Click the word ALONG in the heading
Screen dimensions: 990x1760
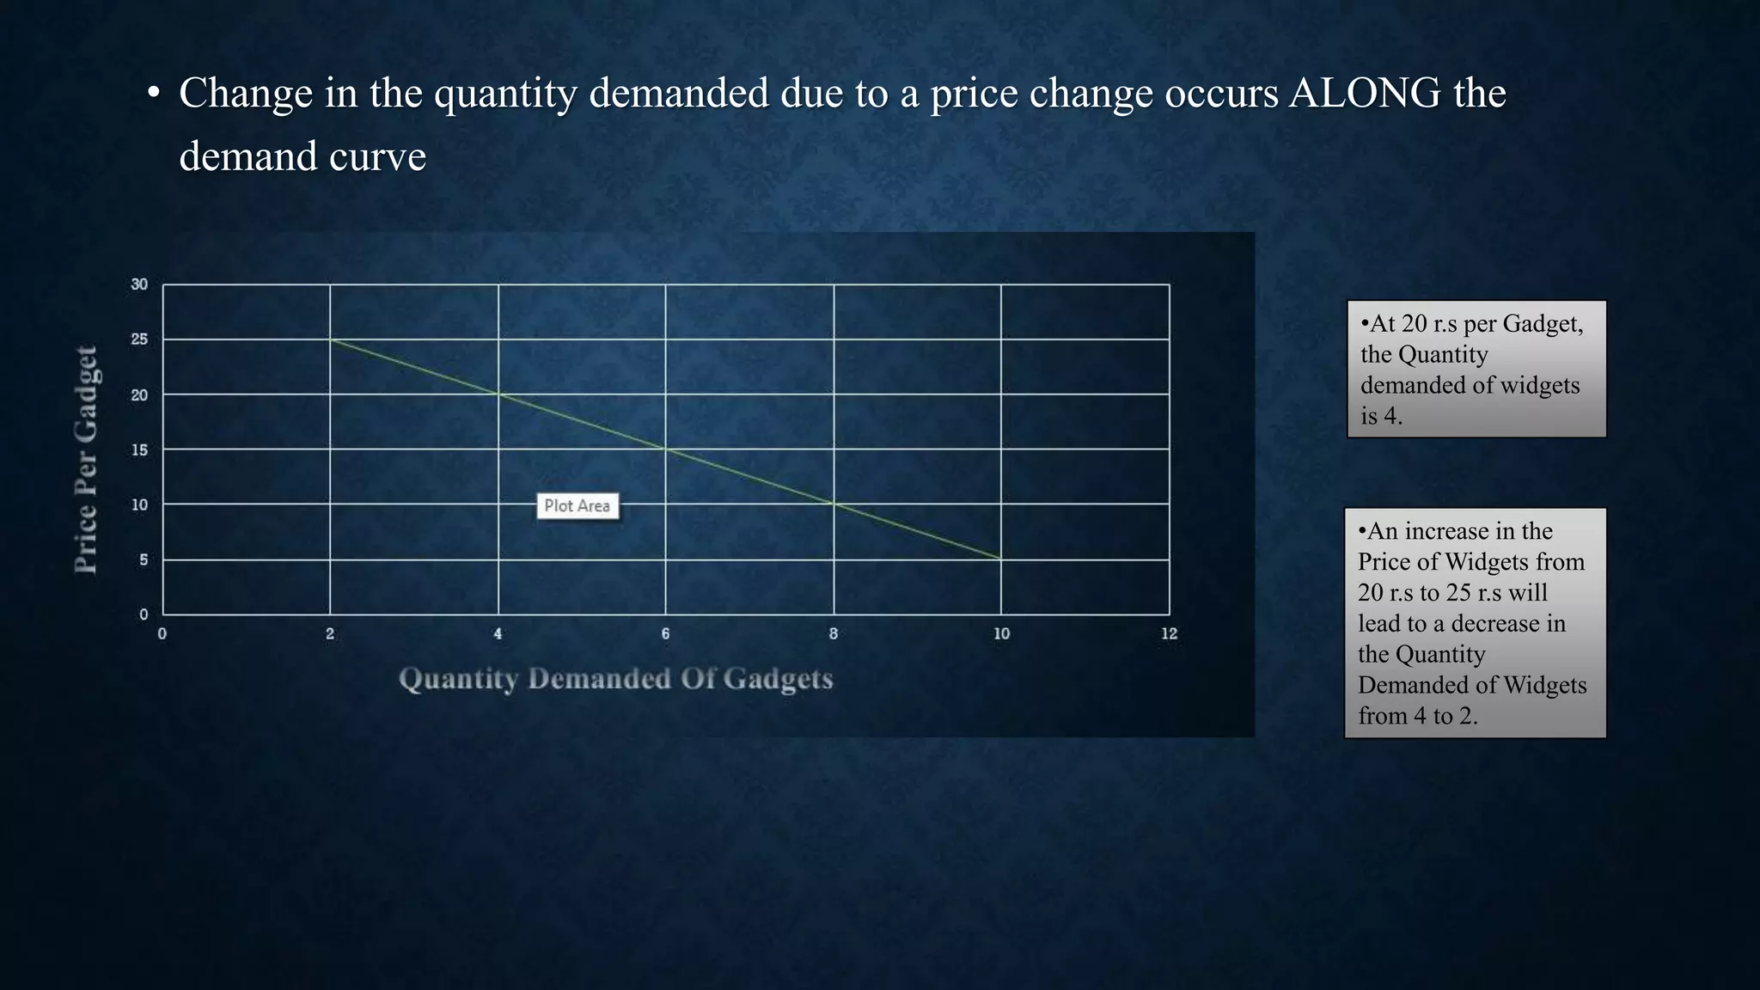pyautogui.click(x=1365, y=93)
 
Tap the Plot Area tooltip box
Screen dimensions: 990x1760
pyautogui.click(x=577, y=506)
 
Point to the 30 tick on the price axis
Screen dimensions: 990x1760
pyautogui.click(x=139, y=284)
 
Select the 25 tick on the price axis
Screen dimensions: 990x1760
pyautogui.click(x=139, y=339)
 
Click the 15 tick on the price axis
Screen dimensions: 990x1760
pyautogui.click(x=139, y=450)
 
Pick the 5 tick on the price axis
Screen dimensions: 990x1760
pyautogui.click(x=144, y=560)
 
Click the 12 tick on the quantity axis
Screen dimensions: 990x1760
pyautogui.click(x=1169, y=634)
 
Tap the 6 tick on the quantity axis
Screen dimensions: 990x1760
pyautogui.click(x=665, y=634)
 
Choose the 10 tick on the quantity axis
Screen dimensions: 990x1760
pyautogui.click(x=1001, y=634)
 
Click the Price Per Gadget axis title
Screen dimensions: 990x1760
pyautogui.click(x=86, y=459)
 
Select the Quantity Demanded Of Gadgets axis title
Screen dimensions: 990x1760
pyautogui.click(x=615, y=679)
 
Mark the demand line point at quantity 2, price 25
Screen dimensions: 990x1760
pyautogui.click(x=330, y=339)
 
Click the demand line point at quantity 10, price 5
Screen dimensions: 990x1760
pyautogui.click(x=1000, y=559)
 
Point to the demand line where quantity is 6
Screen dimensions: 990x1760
pyautogui.click(x=665, y=449)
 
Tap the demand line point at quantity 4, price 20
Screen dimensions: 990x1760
pyautogui.click(x=498, y=394)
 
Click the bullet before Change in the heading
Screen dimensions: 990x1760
pyautogui.click(x=153, y=93)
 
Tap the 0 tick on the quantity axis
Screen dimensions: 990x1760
pyautogui.click(x=162, y=634)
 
